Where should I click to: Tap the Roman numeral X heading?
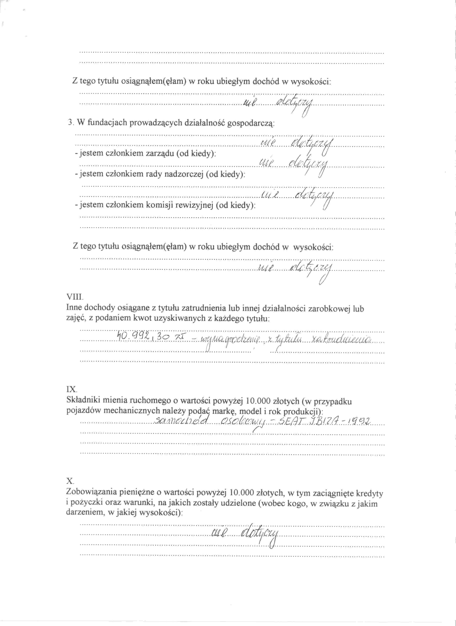click(x=70, y=481)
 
